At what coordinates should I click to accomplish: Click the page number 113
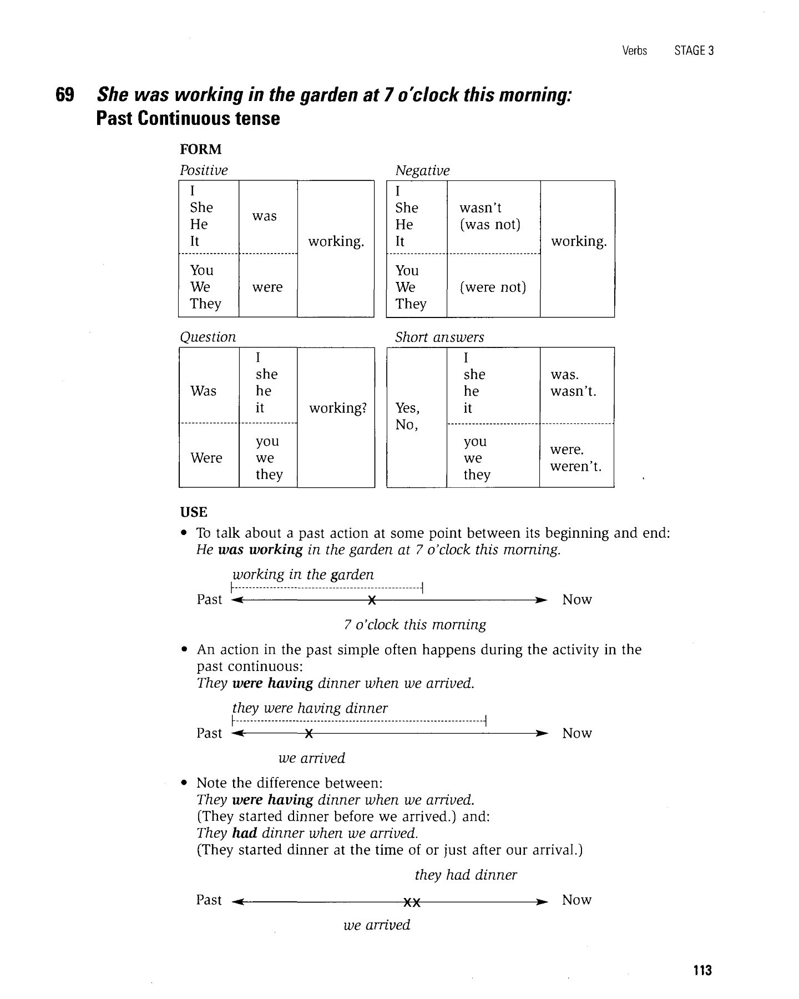tap(702, 971)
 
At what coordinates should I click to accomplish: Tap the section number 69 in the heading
tap(65, 95)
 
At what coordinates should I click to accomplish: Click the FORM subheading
tap(200, 149)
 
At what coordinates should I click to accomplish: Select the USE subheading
tap(194, 512)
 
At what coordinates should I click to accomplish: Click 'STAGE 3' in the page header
tap(694, 51)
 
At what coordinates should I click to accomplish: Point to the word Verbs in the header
tap(635, 51)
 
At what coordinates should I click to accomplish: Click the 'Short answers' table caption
tap(439, 337)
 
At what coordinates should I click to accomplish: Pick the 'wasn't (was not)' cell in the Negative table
tap(490, 216)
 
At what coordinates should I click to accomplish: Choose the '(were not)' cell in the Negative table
tap(493, 287)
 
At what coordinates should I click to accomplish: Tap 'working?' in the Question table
tap(338, 408)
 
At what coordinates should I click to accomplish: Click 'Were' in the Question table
tap(206, 458)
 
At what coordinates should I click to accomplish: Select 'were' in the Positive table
tap(267, 287)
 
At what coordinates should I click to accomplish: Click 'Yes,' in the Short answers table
tap(407, 408)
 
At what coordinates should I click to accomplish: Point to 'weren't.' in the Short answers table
tap(576, 466)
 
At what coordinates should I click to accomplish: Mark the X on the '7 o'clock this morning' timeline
tap(372, 601)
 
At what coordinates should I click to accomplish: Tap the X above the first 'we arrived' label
tap(309, 734)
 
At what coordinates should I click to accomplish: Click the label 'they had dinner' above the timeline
tap(466, 875)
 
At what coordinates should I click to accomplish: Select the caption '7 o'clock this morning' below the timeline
tap(414, 625)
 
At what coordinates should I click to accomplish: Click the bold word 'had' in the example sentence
tap(244, 834)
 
